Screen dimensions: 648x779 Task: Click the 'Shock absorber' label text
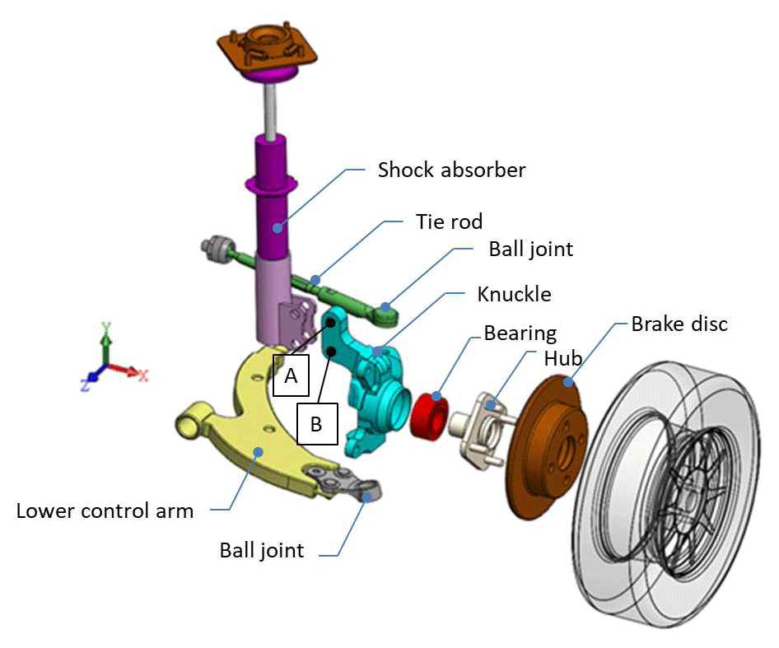(x=451, y=170)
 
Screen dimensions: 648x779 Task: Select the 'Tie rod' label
(x=449, y=221)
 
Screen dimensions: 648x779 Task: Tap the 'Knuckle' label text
(x=514, y=294)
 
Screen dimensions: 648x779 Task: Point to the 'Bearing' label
(x=520, y=333)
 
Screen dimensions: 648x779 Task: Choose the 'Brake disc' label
(x=679, y=324)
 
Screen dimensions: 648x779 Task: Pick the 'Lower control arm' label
(x=105, y=510)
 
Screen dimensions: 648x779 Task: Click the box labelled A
(x=290, y=376)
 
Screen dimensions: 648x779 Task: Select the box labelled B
(x=316, y=424)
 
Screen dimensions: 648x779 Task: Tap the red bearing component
(x=428, y=413)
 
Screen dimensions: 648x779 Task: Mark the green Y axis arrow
(x=105, y=338)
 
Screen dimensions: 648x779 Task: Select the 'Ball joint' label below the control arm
(x=262, y=550)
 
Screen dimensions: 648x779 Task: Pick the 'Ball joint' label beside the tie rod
(x=530, y=249)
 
